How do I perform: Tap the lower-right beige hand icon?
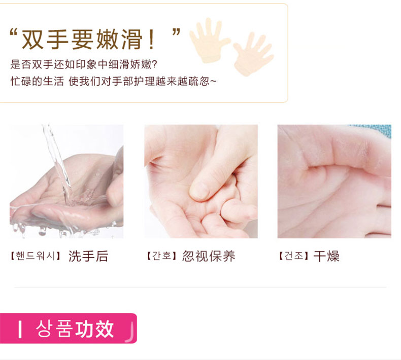tap(253, 54)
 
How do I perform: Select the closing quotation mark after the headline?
tap(176, 32)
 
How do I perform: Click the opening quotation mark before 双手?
tap(13, 33)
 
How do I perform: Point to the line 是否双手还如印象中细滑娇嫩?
tap(84, 64)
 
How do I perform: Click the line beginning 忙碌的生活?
tap(113, 81)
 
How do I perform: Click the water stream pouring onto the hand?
tap(57, 163)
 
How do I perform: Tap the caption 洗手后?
tap(88, 256)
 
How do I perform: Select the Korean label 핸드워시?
tap(36, 256)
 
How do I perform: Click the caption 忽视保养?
tap(209, 256)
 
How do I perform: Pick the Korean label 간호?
tap(161, 256)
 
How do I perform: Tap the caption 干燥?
tap(326, 256)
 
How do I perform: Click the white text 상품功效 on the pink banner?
tap(75, 329)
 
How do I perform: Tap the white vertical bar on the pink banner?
tap(20, 330)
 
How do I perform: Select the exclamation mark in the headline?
tap(151, 40)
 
